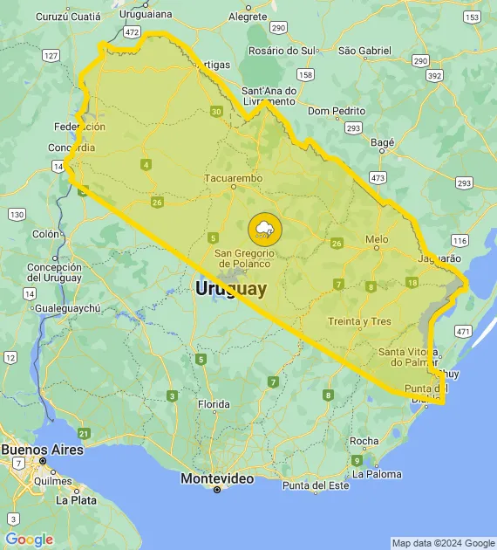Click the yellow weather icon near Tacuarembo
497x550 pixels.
click(x=264, y=230)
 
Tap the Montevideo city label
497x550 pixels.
click(x=217, y=479)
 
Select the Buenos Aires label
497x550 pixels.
click(x=43, y=450)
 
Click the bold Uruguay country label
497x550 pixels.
click(x=231, y=288)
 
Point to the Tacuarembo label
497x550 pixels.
click(x=233, y=179)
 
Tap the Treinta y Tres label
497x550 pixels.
click(x=359, y=322)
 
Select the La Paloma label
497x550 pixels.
click(x=378, y=475)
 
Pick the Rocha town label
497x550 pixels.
click(x=364, y=441)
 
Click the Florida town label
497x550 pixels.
click(x=214, y=404)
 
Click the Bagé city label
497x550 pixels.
click(x=383, y=141)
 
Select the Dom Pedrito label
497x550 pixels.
click(x=336, y=111)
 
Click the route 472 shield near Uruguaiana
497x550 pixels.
click(x=132, y=31)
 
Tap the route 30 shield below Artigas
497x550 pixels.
click(x=215, y=111)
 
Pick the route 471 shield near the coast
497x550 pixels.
click(x=462, y=332)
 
